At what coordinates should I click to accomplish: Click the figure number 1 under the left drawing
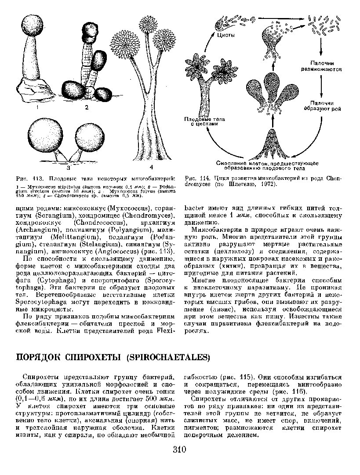(x=38, y=107)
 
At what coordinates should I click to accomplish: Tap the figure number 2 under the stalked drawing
(x=87, y=107)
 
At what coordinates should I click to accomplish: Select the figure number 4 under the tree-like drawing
(x=151, y=167)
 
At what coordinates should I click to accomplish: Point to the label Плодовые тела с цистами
(x=200, y=121)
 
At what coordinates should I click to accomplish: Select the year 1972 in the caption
(x=268, y=184)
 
